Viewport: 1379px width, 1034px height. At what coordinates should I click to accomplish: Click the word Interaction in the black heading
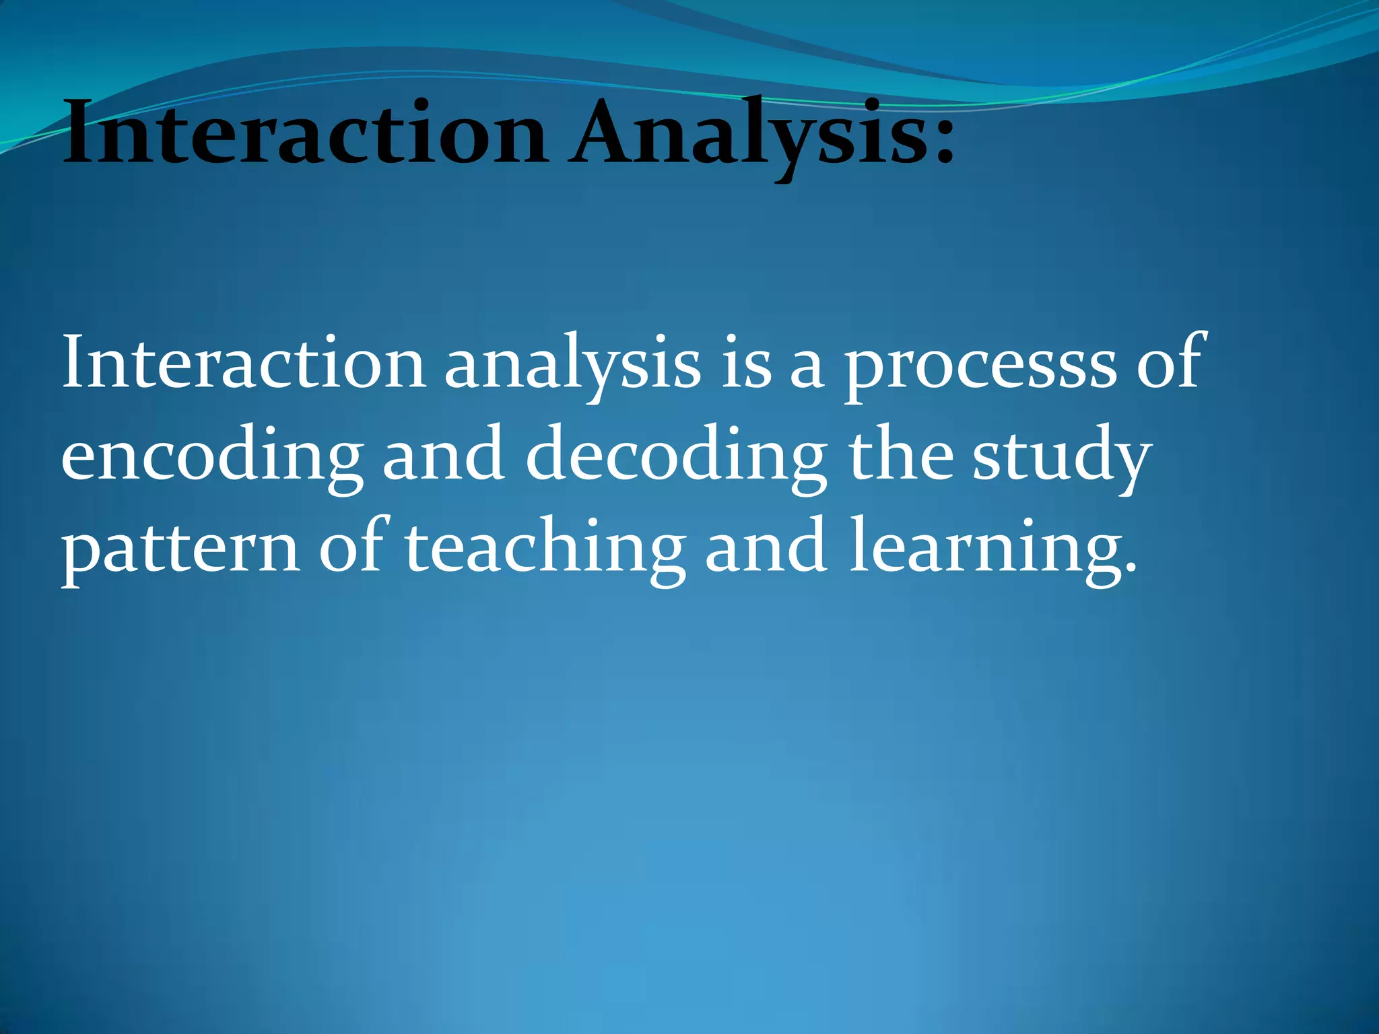(x=303, y=135)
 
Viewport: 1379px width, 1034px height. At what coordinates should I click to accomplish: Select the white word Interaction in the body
(x=242, y=364)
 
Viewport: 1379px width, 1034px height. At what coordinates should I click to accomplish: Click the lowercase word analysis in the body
(x=572, y=367)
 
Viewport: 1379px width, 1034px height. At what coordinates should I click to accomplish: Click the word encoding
(x=212, y=458)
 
